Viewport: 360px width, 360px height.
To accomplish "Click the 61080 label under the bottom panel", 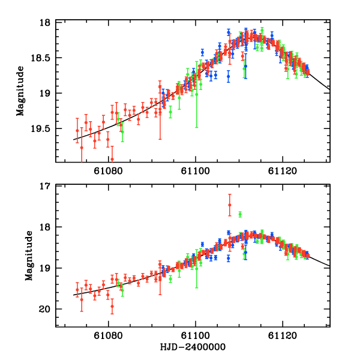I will pyautogui.click(x=109, y=337).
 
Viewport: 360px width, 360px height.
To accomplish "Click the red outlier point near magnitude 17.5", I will pyautogui.click(x=230, y=205).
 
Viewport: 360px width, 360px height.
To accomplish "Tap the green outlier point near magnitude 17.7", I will pyautogui.click(x=240, y=214).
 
